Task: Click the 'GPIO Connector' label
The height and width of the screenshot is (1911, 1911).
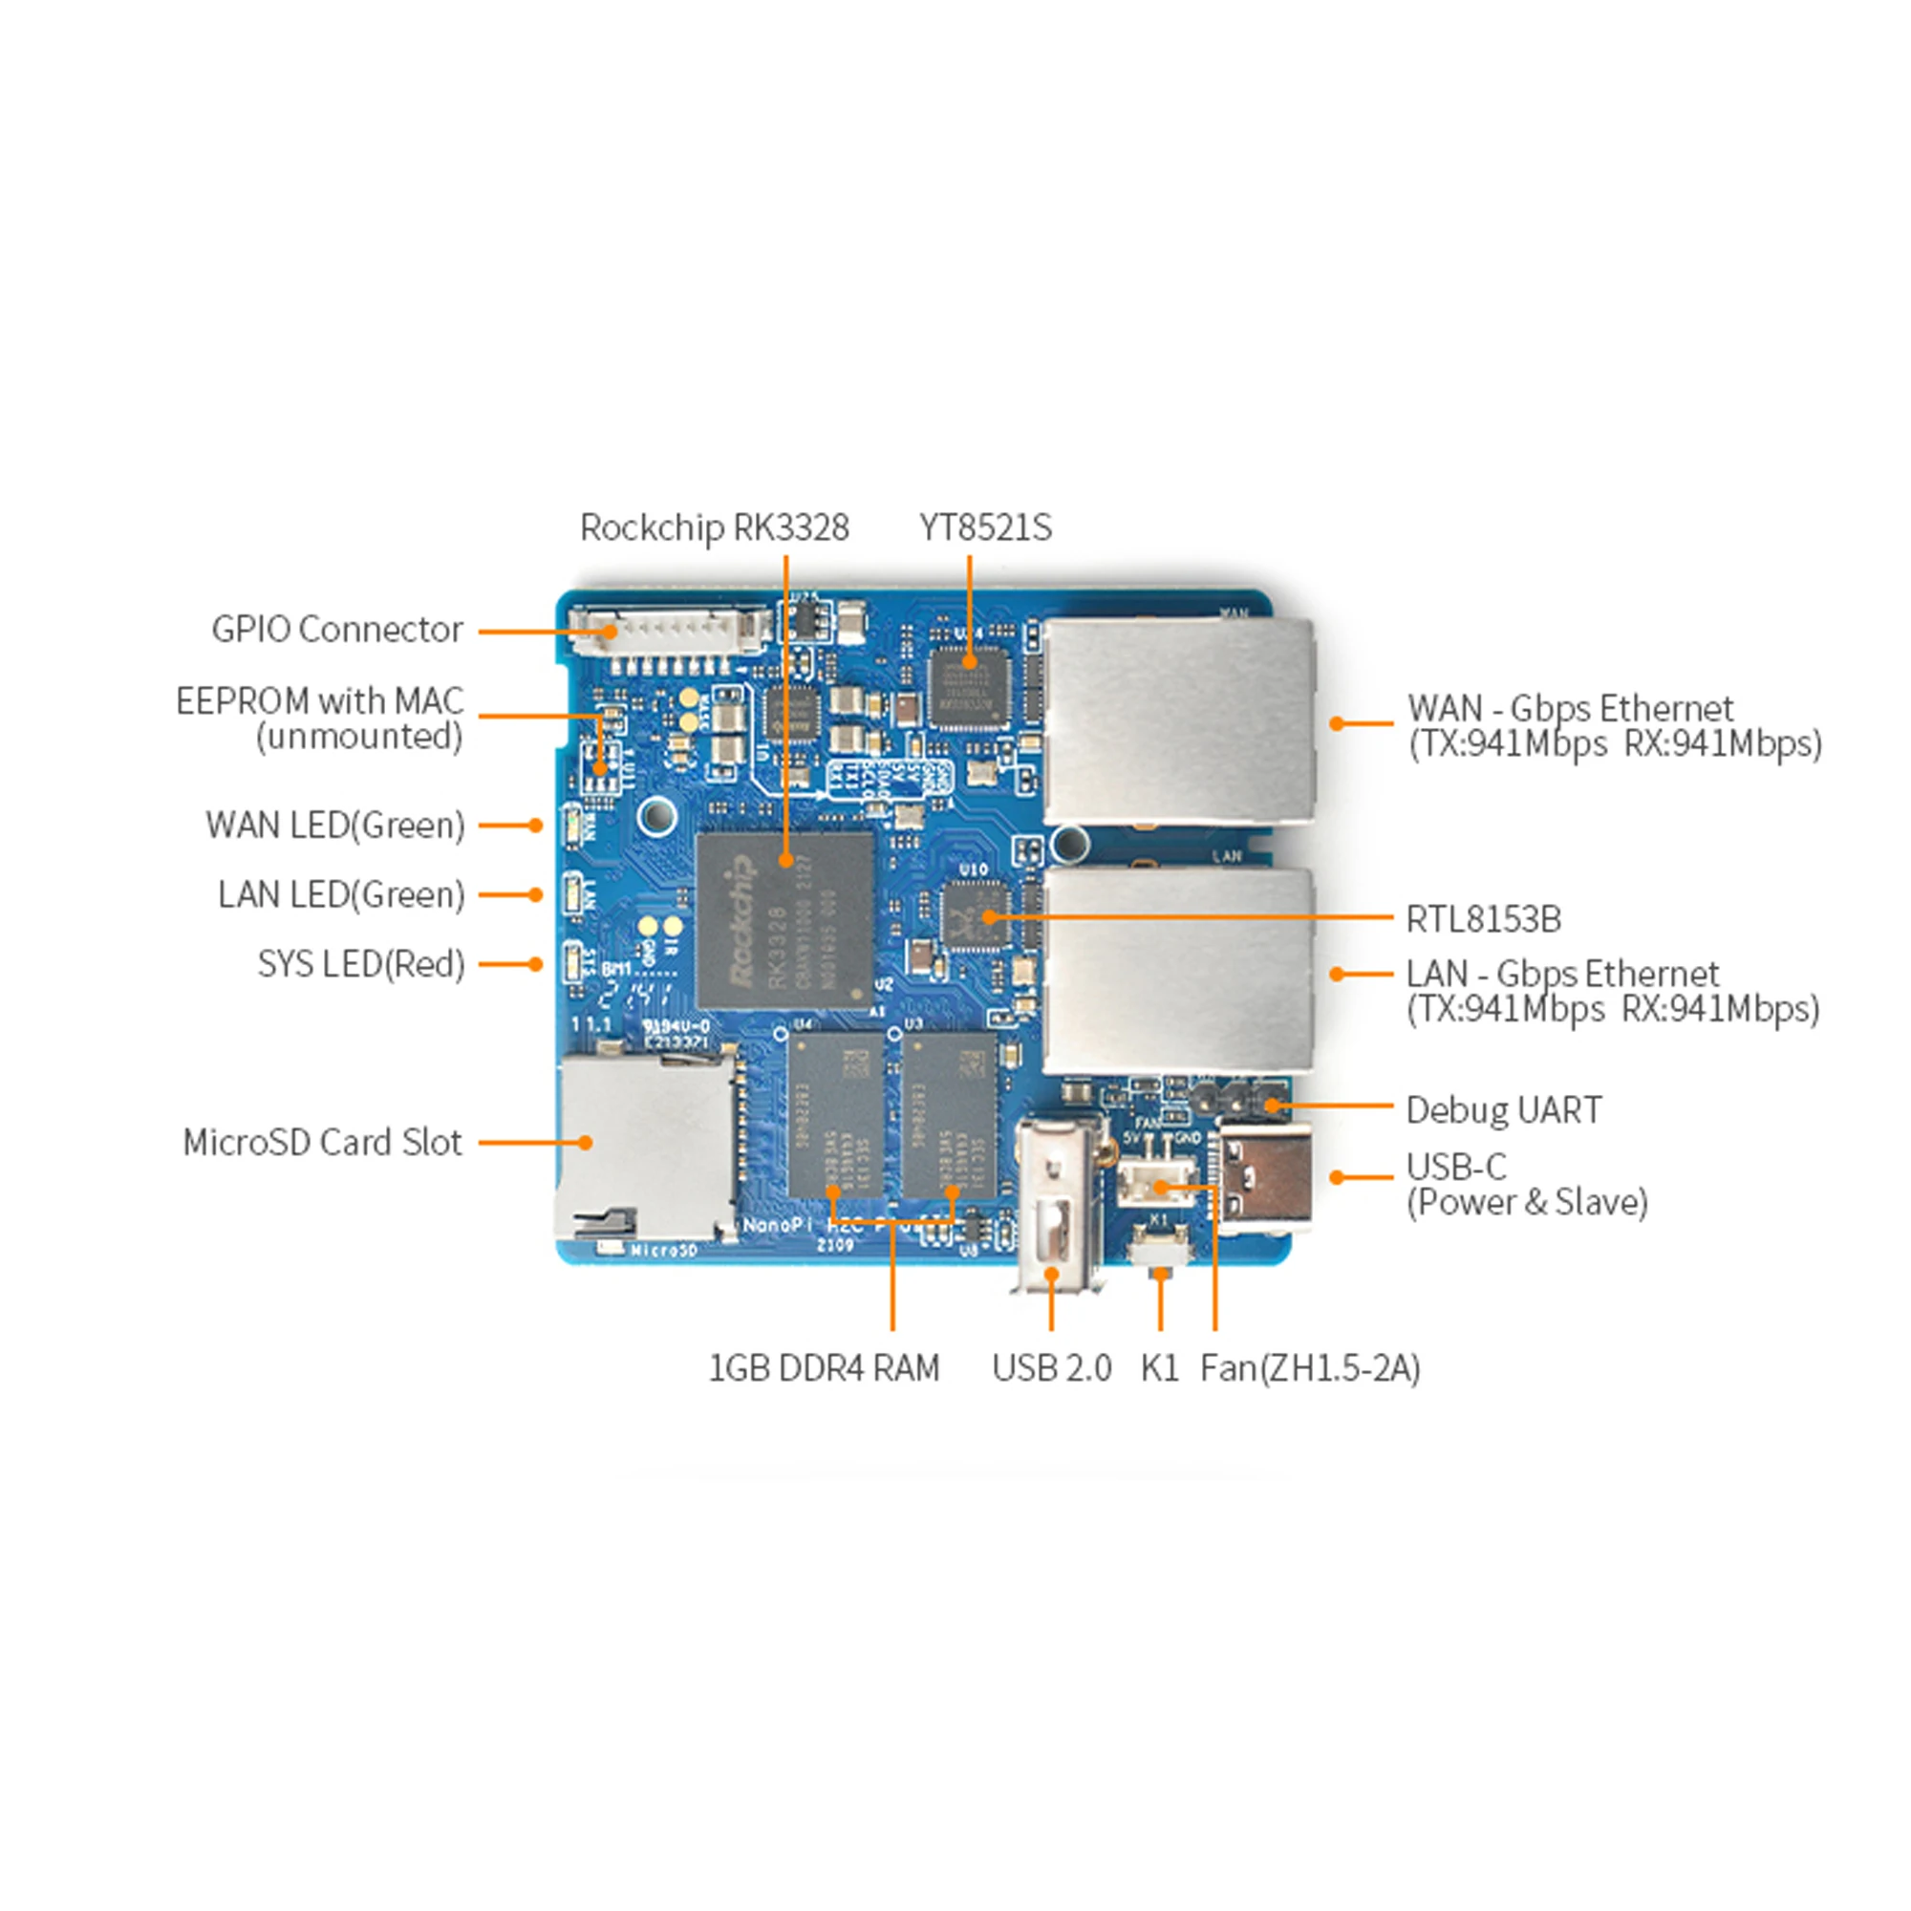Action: click(336, 629)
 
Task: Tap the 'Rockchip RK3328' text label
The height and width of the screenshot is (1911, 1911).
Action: click(714, 527)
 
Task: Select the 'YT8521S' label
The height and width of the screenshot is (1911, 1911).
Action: click(985, 527)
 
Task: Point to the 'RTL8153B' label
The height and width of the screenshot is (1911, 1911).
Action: click(1483, 919)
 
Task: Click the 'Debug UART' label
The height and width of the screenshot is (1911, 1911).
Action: click(1502, 1109)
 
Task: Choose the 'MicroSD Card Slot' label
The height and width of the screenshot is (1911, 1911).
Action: click(321, 1143)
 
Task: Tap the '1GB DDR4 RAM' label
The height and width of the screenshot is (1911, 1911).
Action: click(824, 1368)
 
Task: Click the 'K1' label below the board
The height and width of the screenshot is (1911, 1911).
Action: click(1159, 1368)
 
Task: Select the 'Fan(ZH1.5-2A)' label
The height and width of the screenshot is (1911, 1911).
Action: click(1310, 1368)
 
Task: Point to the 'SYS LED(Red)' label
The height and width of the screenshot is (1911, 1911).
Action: click(361, 963)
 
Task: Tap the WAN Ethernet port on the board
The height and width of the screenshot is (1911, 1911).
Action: click(1177, 722)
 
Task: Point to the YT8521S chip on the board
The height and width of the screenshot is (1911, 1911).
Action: click(969, 688)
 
